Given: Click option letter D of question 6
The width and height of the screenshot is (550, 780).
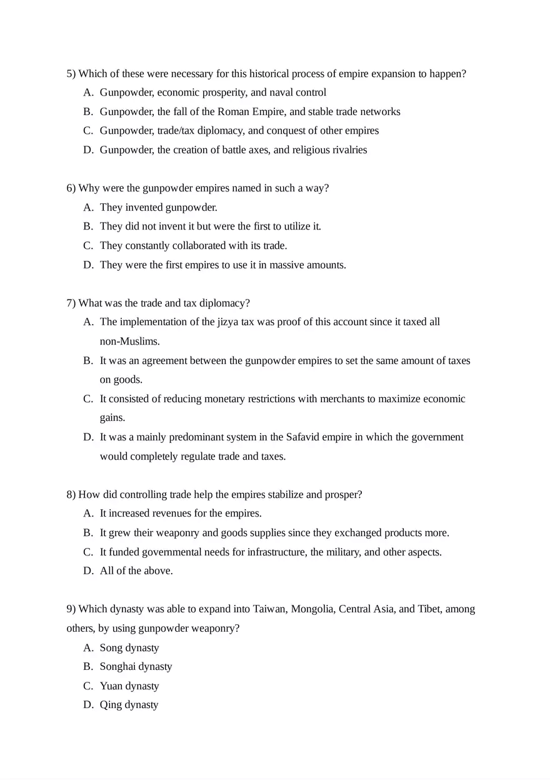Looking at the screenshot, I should pyautogui.click(x=88, y=265).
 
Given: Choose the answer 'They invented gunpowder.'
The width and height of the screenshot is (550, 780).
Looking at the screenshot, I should pyautogui.click(x=158, y=208).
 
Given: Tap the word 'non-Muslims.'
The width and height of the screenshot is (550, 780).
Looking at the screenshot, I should pyautogui.click(x=129, y=342).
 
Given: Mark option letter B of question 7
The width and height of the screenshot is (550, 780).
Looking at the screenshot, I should pyautogui.click(x=88, y=361).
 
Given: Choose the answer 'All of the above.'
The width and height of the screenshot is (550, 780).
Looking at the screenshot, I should pyautogui.click(x=136, y=571).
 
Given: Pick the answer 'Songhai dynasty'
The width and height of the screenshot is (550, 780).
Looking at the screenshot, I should pyautogui.click(x=136, y=667).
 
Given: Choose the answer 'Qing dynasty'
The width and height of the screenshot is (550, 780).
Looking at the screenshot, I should pyautogui.click(x=129, y=705).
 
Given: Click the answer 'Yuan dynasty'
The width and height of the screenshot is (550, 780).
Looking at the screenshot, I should pyautogui.click(x=129, y=686).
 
